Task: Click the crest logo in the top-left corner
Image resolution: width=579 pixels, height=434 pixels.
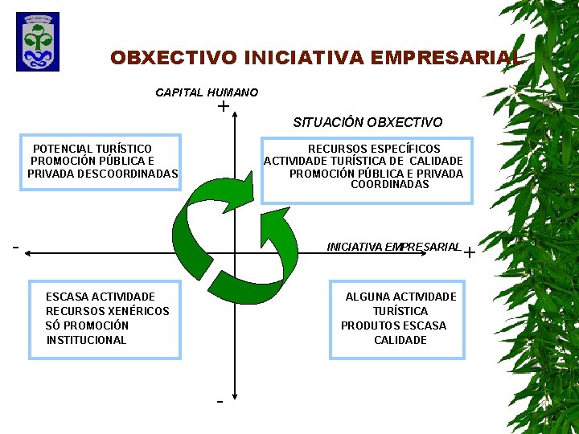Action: pyautogui.click(x=37, y=42)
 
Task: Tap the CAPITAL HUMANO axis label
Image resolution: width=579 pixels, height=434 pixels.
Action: pyautogui.click(x=207, y=92)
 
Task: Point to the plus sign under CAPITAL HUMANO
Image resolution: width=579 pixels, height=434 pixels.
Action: pyautogui.click(x=222, y=106)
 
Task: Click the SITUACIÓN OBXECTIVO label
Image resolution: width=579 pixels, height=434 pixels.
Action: pyautogui.click(x=368, y=122)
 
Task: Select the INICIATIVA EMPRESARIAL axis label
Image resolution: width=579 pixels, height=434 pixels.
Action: pyautogui.click(x=393, y=247)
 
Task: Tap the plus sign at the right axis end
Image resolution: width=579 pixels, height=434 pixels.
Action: pyautogui.click(x=470, y=253)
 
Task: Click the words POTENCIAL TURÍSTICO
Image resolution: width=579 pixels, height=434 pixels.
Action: pyautogui.click(x=92, y=149)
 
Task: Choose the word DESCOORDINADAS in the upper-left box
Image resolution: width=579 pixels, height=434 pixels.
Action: pyautogui.click(x=129, y=174)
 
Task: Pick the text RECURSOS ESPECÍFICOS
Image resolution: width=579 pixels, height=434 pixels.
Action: pyautogui.click(x=374, y=149)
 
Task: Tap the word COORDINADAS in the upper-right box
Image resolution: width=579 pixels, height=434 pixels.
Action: pyautogui.click(x=389, y=185)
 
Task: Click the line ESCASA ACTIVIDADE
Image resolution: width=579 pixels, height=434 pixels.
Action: pyautogui.click(x=101, y=297)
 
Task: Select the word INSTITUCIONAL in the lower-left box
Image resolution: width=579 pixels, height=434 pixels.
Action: pyautogui.click(x=86, y=340)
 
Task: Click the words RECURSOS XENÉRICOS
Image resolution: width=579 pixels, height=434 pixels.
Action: pyautogui.click(x=108, y=311)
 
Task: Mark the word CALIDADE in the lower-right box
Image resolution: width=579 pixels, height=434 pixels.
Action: pyautogui.click(x=400, y=340)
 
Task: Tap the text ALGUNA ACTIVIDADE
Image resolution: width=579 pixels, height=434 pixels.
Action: pyautogui.click(x=400, y=297)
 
